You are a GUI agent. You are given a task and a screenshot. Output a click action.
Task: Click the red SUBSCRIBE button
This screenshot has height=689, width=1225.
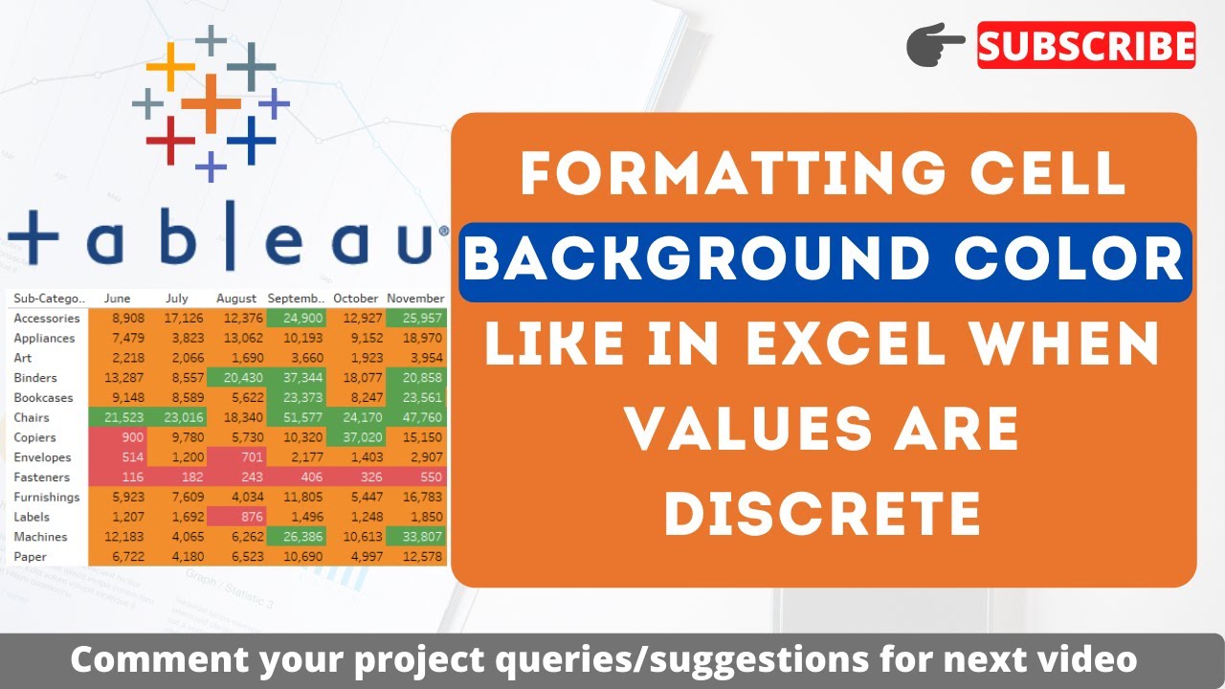click(1086, 45)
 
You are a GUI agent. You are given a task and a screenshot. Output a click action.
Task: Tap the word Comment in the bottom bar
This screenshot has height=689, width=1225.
click(145, 659)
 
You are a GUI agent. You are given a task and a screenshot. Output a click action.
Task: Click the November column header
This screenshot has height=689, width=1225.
click(416, 299)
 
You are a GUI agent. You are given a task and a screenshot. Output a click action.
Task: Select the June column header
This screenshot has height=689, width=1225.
click(117, 299)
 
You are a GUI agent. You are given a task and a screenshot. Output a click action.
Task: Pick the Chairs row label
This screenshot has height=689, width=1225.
click(32, 417)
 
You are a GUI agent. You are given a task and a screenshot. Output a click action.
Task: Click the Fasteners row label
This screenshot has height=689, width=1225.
click(42, 477)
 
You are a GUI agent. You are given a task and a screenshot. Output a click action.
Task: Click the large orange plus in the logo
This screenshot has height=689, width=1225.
click(211, 101)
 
